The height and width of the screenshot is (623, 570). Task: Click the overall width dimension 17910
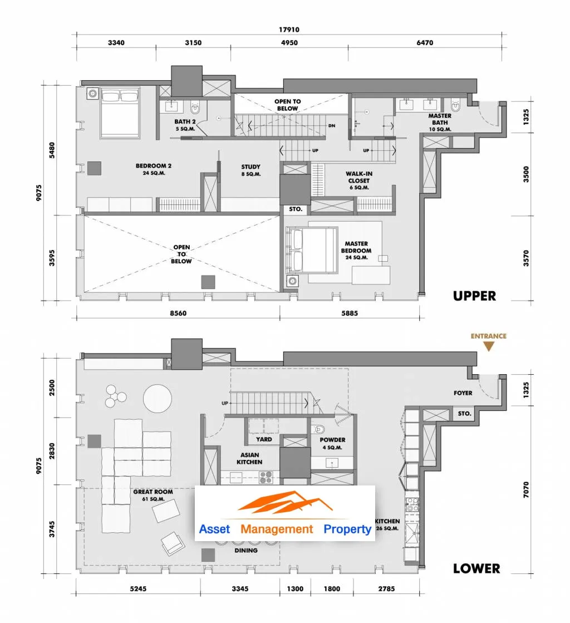pos(289,30)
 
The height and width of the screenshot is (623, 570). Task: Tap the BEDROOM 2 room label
pos(154,169)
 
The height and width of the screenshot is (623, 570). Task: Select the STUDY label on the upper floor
pos(251,170)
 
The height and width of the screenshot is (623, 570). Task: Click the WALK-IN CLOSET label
pos(359,180)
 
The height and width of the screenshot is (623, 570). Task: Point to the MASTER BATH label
pos(440,122)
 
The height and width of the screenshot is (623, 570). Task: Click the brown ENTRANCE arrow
pos(489,346)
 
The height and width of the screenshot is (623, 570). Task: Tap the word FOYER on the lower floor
pos(463,393)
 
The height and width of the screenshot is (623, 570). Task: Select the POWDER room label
pos(332,443)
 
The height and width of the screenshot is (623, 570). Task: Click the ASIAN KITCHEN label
pos(249,459)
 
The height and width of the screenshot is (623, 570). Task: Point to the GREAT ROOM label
pos(153,495)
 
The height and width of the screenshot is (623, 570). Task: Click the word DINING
pos(246,550)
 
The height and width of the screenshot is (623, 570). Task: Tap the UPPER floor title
pos(475,296)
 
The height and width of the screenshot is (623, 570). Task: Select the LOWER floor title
pos(476,568)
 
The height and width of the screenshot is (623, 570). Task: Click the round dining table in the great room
pos(158,399)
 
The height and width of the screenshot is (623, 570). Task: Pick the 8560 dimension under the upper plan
pos(178,313)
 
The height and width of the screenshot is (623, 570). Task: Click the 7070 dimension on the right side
pos(526,489)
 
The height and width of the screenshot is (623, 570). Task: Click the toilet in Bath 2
pos(195,107)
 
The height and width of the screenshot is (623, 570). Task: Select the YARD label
pos(264,439)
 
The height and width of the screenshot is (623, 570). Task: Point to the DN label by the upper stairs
pos(332,126)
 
